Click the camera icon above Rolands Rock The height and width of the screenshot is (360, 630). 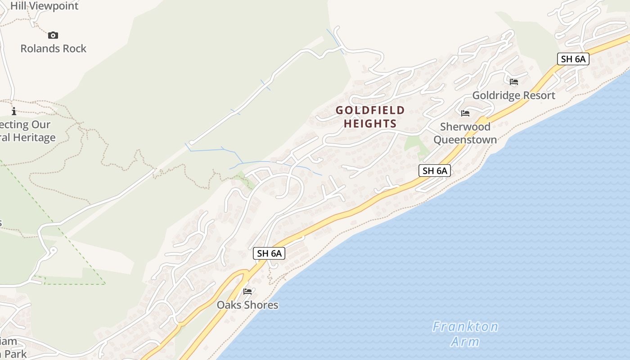pyautogui.click(x=53, y=35)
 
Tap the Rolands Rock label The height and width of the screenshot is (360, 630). pyautogui.click(x=53, y=48)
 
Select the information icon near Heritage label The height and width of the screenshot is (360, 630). pyautogui.click(x=14, y=111)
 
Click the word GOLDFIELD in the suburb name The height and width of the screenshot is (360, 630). pyautogui.click(x=370, y=110)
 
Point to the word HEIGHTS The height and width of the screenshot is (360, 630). pyautogui.click(x=370, y=124)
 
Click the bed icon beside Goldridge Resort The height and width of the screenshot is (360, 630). pyautogui.click(x=514, y=82)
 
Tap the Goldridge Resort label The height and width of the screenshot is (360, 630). pyautogui.click(x=513, y=95)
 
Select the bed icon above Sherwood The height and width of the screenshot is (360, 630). pyautogui.click(x=465, y=113)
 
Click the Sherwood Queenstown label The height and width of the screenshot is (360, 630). pyautogui.click(x=465, y=133)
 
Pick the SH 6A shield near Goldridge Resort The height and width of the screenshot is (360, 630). pyautogui.click(x=573, y=59)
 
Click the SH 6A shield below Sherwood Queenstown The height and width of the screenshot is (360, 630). pyautogui.click(x=435, y=171)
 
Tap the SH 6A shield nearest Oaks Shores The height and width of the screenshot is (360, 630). pyautogui.click(x=269, y=253)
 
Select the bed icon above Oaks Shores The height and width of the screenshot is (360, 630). pyautogui.click(x=247, y=292)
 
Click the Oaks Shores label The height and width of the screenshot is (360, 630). pyautogui.click(x=247, y=305)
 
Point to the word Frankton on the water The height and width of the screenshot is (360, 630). pyautogui.click(x=465, y=326)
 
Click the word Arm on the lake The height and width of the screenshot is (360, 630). pyautogui.click(x=465, y=342)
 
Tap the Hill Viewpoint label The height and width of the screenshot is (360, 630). pyautogui.click(x=44, y=6)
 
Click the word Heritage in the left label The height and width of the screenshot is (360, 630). pyautogui.click(x=31, y=138)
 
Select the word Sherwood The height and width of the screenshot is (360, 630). pyautogui.click(x=465, y=126)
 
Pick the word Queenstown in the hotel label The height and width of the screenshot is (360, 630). pyautogui.click(x=465, y=139)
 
